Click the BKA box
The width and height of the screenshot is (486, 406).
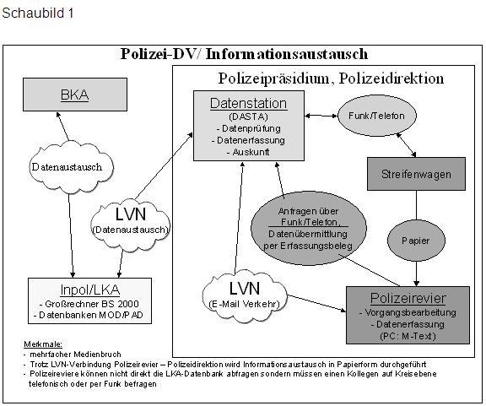pyautogui.click(x=74, y=95)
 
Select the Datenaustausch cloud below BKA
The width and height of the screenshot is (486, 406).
pyautogui.click(x=67, y=166)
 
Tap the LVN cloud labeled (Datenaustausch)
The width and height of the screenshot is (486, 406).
pyautogui.click(x=130, y=219)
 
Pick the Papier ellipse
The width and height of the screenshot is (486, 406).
pyautogui.click(x=414, y=240)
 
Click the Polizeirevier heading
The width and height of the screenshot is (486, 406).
pyautogui.click(x=408, y=298)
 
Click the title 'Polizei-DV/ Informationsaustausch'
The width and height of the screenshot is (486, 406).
pyautogui.click(x=244, y=54)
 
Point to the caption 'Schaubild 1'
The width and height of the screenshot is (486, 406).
pyautogui.click(x=32, y=15)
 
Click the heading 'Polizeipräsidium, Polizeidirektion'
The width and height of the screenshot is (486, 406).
pyautogui.click(x=331, y=78)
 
